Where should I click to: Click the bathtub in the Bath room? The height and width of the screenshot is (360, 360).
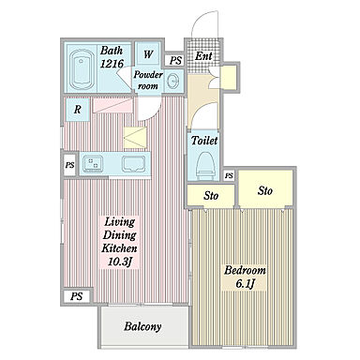pos(82,69)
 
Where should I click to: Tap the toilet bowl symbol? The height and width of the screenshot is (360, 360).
pos(204,165)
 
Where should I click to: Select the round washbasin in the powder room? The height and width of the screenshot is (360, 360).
pos(172,82)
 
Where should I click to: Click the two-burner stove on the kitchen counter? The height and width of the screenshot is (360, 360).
pos(92,163)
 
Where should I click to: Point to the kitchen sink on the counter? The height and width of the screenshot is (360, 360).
pos(133,164)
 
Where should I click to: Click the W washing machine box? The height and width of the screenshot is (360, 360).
pos(148,53)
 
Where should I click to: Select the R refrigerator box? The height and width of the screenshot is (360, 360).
pos(78,110)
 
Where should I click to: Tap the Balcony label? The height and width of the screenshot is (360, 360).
pos(142,326)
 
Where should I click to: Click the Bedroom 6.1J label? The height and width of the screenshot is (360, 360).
pos(245,277)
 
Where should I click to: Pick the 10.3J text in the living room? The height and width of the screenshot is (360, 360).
pos(119,262)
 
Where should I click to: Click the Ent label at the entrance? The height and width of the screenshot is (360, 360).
pos(203,56)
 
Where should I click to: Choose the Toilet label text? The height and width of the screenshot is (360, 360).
pos(204,141)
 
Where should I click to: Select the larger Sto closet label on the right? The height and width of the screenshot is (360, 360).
pos(265,190)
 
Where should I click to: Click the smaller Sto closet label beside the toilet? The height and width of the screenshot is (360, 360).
pos(211,196)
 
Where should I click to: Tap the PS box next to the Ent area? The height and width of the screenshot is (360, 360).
pos(175,60)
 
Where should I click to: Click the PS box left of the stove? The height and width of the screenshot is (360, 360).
pos(69,165)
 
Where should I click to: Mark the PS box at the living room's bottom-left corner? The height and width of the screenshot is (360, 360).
pos(77,296)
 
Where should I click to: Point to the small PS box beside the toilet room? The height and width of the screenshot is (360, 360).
pos(229,175)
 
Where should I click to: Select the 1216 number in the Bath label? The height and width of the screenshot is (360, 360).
pos(112,64)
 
